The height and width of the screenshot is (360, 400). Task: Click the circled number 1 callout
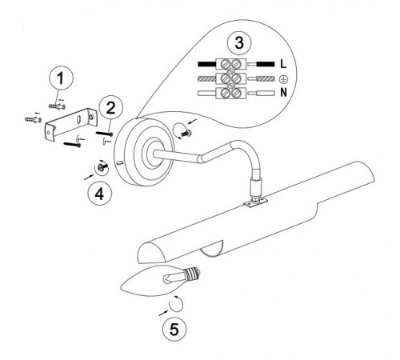coord(61,78)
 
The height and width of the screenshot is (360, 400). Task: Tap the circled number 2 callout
coord(110,107)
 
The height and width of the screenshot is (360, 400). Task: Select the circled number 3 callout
coord(239,42)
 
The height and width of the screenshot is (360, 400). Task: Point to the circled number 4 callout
coord(100,194)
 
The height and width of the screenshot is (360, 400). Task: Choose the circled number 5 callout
coord(174,329)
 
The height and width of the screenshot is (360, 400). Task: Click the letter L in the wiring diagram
coord(283,64)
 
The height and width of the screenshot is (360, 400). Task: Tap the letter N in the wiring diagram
coord(283,92)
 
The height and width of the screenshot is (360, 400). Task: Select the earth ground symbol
coord(283,79)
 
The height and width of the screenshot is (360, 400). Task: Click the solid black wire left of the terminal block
coord(207,64)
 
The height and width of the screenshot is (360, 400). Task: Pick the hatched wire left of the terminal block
coord(207,79)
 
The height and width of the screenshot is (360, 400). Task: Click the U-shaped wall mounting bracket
coord(71,123)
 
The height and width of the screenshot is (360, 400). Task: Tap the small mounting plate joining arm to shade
coord(256,202)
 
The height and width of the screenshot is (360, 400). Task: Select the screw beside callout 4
coord(102,167)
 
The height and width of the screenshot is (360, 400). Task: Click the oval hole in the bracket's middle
coord(79,119)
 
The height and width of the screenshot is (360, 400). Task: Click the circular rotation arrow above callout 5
coord(176,304)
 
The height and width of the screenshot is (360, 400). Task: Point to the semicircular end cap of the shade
coord(152,252)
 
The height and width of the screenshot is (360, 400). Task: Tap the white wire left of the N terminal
coord(207,94)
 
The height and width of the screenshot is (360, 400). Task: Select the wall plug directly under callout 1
coord(57,106)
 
